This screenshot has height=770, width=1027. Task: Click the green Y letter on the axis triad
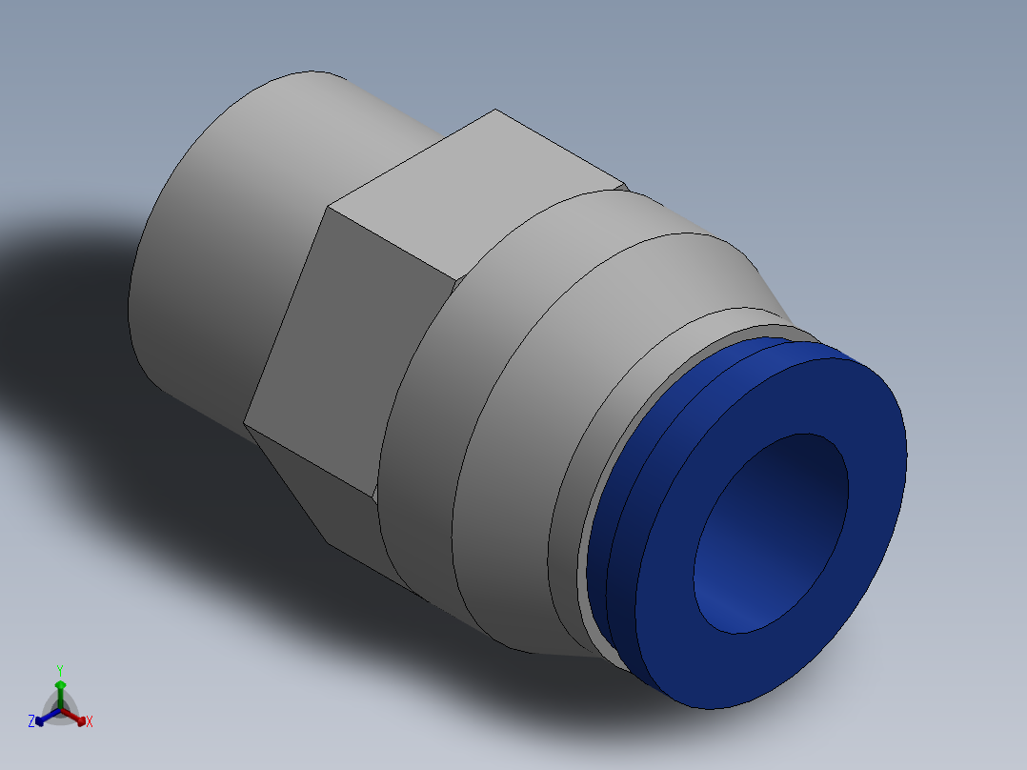click(59, 669)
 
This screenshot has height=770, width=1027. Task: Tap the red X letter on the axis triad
click(90, 722)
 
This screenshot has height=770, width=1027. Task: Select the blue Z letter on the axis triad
click(30, 722)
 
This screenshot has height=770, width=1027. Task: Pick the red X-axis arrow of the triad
click(77, 718)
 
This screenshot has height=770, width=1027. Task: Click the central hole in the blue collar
click(770, 534)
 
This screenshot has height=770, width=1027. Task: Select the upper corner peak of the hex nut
click(494, 111)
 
